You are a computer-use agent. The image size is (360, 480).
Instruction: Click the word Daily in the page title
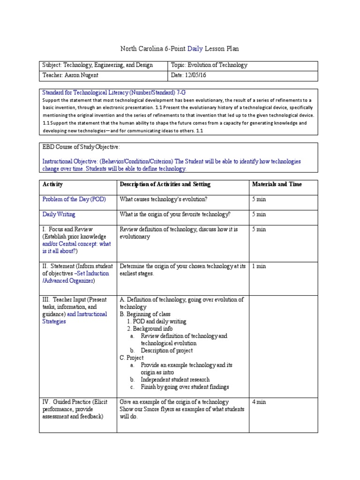(195, 48)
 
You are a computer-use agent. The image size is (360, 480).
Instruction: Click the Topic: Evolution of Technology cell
(209, 66)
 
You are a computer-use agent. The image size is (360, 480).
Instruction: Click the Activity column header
(52, 184)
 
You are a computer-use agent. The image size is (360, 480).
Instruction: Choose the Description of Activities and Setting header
(165, 184)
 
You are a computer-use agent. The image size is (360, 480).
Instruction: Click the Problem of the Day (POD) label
(74, 199)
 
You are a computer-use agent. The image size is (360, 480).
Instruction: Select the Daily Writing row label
(59, 214)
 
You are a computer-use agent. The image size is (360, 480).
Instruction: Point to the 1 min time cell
(259, 266)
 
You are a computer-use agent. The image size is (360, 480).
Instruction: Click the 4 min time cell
(259, 402)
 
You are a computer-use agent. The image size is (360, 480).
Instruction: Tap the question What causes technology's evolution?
(163, 199)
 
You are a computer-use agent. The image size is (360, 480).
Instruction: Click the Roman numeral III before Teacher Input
(45, 300)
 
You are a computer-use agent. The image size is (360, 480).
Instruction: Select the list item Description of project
(166, 350)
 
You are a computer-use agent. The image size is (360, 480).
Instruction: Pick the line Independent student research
(175, 379)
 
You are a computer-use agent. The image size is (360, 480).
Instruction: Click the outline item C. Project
(132, 358)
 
